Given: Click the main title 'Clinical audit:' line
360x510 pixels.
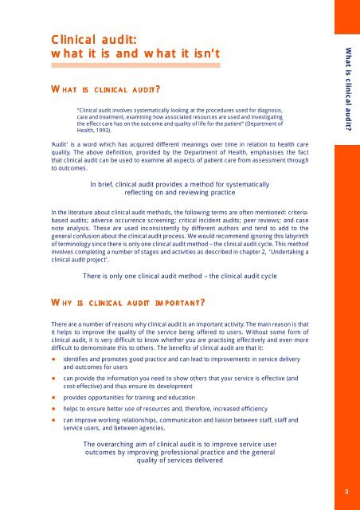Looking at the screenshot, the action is pos(92,37).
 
